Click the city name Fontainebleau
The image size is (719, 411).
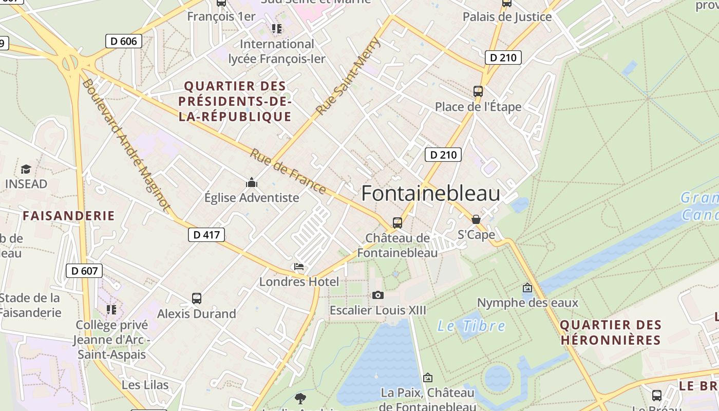coord(430,194)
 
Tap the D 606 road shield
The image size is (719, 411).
coord(123,41)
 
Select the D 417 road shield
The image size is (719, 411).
coord(206,235)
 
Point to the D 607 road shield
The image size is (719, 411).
coord(84,271)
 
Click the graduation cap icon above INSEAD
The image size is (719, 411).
coord(26,169)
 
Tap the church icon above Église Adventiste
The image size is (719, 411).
coord(251,182)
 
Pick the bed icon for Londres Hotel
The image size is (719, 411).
coord(299,267)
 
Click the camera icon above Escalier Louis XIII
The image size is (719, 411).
coord(377,295)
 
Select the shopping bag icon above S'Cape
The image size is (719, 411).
coord(476,219)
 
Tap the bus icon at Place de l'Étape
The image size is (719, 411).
coord(478,91)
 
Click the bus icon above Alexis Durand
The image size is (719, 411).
coord(196,298)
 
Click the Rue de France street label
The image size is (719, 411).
coord(288,172)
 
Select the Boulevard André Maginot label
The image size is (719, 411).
coord(126,145)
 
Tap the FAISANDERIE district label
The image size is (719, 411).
coord(69,216)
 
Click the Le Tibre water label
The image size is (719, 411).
coord(471,326)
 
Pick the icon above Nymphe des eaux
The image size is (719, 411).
coord(527,288)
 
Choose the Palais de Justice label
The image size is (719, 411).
coord(507,17)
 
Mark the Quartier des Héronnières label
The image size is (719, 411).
coord(611,332)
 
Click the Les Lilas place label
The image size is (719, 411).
coord(145,385)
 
